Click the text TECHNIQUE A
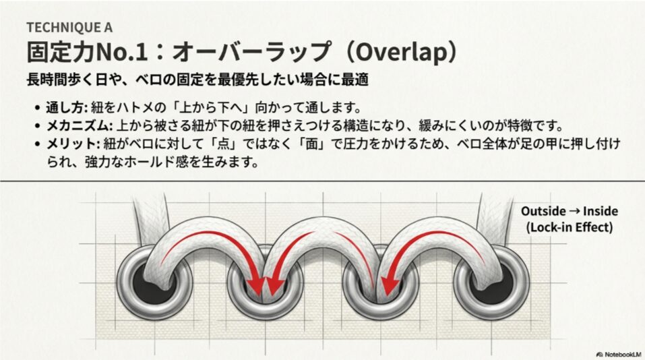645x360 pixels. (x=69, y=28)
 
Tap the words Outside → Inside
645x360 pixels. (x=569, y=212)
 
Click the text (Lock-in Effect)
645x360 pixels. (x=569, y=227)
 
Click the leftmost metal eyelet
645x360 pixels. (x=148, y=280)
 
